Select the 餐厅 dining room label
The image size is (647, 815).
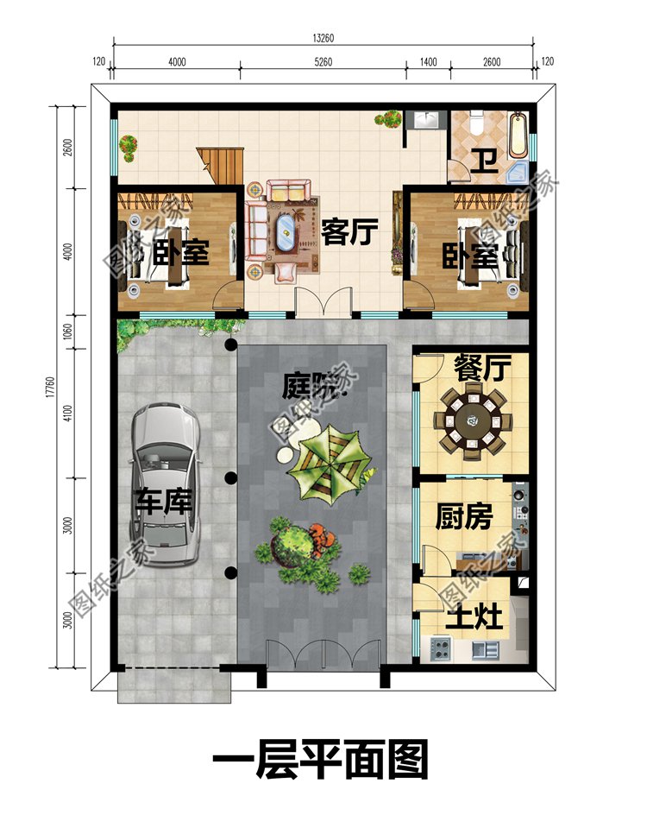pos(482,369)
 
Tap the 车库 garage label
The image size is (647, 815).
pos(162,502)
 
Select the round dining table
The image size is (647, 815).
pos(471,422)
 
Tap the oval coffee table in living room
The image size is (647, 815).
pos(283,232)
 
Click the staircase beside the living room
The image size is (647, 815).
pos(219,165)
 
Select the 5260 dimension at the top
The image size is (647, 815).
pos(323,61)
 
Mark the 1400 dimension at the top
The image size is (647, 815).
pos(429,61)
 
